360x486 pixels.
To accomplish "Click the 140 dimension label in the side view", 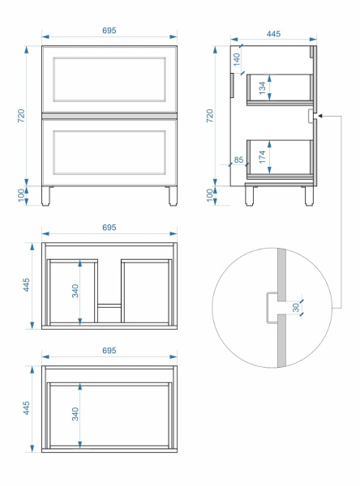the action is [237, 59].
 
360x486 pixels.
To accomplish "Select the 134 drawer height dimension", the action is [263, 88].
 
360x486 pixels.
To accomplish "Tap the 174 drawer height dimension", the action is [263, 157].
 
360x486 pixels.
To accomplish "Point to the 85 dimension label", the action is [238, 160].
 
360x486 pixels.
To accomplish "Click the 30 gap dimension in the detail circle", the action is [296, 308].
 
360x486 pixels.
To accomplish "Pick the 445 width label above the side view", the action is [273, 34].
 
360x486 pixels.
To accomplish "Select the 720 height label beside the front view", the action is [21, 116].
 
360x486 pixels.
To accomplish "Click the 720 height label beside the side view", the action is [210, 116].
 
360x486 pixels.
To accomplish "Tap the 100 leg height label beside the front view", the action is [21, 195].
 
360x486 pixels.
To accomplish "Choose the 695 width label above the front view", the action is [109, 31].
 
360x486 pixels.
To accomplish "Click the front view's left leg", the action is [45, 196].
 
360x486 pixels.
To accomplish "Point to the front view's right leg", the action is [173, 196].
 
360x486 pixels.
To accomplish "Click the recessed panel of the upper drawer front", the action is [109, 79].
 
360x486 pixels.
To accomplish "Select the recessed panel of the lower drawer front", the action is [109, 152].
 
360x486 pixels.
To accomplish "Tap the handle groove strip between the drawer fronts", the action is [109, 116].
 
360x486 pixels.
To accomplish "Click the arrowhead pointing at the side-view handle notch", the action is [320, 116].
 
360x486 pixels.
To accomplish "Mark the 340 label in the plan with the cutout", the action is [75, 291].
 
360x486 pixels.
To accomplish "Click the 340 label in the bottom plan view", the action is [75, 414].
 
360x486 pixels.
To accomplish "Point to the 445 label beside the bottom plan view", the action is [27, 408].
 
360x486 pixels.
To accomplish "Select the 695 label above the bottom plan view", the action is [109, 350].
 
